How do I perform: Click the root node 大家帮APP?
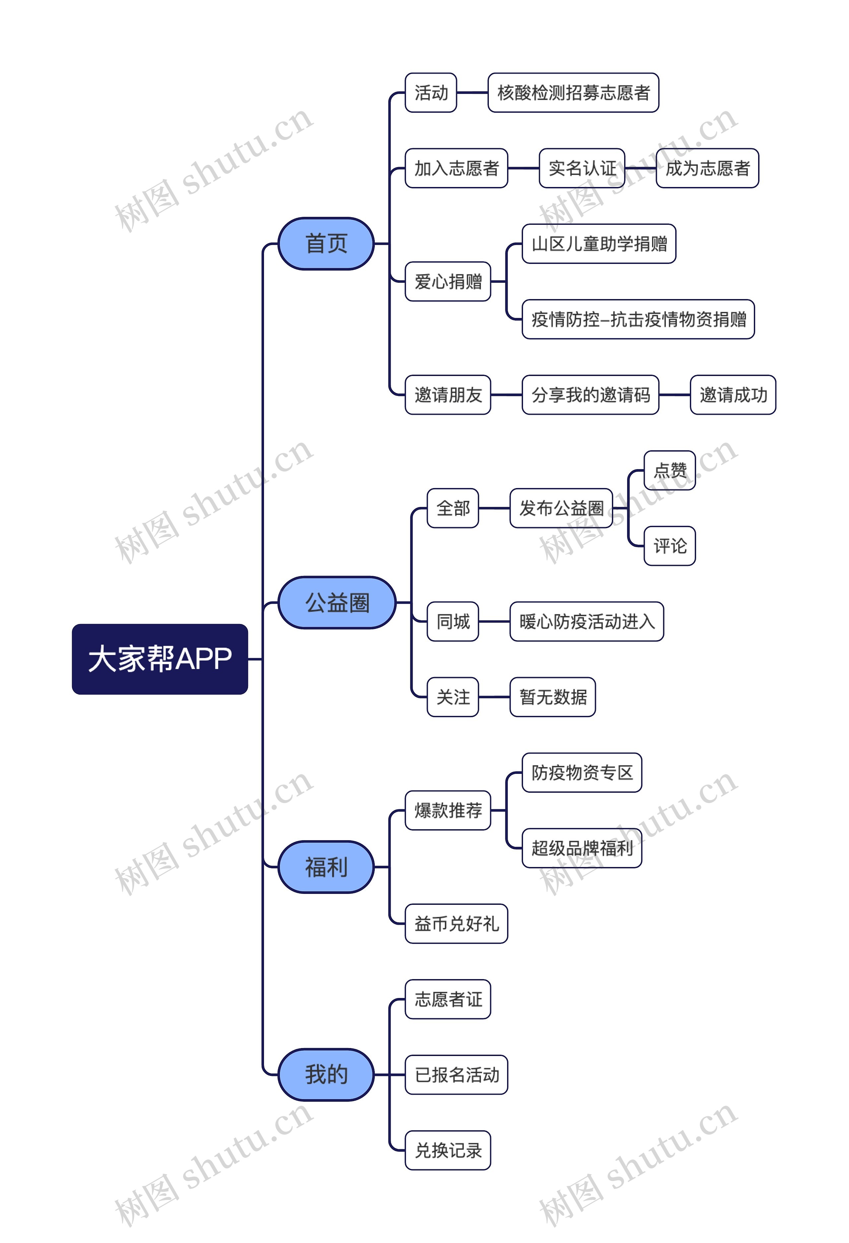[x=160, y=659]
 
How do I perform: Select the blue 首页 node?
[x=326, y=244]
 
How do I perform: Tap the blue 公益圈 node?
[x=337, y=603]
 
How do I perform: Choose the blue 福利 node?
[x=326, y=867]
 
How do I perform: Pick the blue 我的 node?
[x=326, y=1075]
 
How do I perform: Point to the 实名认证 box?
[x=582, y=168]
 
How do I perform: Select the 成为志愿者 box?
[x=707, y=168]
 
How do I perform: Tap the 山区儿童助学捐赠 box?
[x=599, y=244]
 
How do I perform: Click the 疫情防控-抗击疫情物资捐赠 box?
[x=638, y=319]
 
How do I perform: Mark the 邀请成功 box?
[x=733, y=395]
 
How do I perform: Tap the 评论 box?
[x=670, y=546]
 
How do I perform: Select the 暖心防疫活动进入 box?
[x=587, y=621]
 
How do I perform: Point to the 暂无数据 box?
[x=553, y=697]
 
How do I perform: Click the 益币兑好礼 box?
[x=456, y=924]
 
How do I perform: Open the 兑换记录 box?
[x=448, y=1150]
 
